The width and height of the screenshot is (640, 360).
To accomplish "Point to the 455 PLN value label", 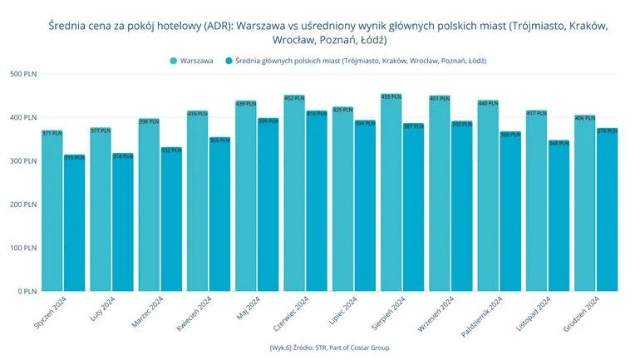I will pyautogui.click(x=391, y=97).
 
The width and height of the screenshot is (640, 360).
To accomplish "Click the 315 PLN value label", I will pyautogui.click(x=75, y=157).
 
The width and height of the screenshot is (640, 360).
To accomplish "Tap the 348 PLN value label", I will pyautogui.click(x=559, y=143).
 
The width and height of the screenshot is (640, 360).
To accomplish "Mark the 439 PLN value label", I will pyautogui.click(x=246, y=104).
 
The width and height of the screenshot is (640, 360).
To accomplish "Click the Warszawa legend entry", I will pyautogui.click(x=190, y=61).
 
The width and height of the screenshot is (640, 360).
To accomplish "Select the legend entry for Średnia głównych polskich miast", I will pyautogui.click(x=349, y=61).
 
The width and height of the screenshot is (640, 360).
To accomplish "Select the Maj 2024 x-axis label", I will pyautogui.click(x=249, y=310).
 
